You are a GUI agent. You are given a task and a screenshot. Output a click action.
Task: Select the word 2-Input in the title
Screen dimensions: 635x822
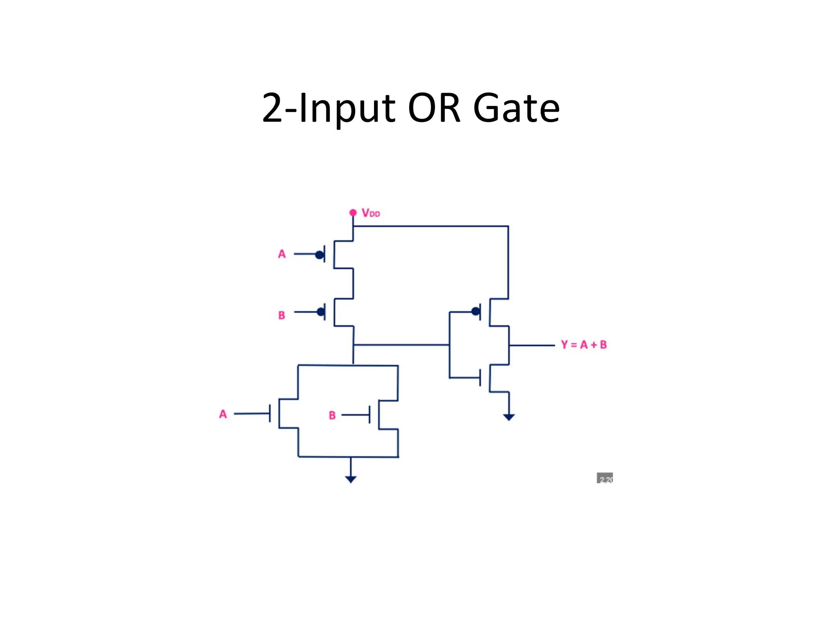(329, 108)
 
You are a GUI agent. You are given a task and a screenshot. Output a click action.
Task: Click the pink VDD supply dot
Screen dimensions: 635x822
(353, 212)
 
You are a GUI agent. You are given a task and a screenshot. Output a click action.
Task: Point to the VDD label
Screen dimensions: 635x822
(370, 213)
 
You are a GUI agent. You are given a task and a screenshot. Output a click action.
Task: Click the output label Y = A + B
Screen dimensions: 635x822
(584, 344)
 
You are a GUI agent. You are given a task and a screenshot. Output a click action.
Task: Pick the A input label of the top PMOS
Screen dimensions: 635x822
(282, 254)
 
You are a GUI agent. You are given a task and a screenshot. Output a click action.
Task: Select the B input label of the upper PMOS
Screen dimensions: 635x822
(282, 315)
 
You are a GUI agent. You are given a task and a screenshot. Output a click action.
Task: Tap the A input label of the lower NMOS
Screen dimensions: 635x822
(223, 414)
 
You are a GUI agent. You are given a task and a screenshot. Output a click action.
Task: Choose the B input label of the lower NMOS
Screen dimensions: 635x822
(332, 415)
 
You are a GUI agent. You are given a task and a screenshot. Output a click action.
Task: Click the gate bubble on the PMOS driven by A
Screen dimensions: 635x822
(319, 254)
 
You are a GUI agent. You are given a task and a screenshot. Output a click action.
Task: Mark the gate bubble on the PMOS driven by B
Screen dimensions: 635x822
(321, 311)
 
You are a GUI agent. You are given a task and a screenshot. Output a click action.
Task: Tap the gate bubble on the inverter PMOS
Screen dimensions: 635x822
(476, 311)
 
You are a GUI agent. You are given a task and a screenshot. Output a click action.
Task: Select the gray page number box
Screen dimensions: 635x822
(605, 478)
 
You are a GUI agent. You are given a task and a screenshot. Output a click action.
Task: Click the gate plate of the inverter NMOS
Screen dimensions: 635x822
(480, 378)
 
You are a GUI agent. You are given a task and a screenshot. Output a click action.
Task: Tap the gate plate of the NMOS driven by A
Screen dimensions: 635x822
(270, 413)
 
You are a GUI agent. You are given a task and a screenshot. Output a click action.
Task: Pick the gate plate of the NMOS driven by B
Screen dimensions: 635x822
(370, 414)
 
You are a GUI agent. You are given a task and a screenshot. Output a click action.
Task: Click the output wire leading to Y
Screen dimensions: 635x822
(532, 345)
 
